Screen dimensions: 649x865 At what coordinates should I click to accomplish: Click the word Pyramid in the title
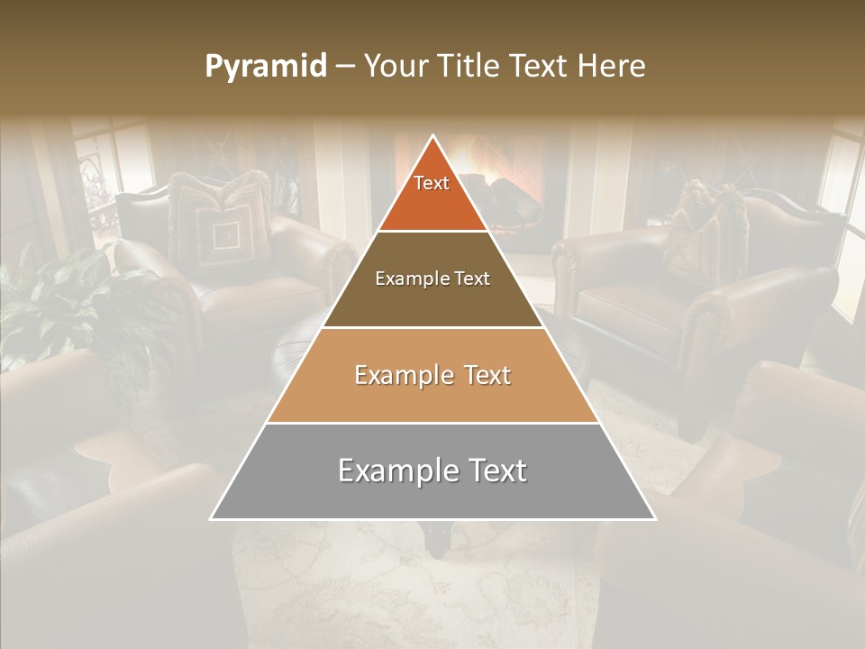tap(266, 67)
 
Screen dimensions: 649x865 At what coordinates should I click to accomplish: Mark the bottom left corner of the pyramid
tap(212, 518)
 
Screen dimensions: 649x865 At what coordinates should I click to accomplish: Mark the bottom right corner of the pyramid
tap(654, 518)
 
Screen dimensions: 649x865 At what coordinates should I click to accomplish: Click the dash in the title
tap(345, 67)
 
